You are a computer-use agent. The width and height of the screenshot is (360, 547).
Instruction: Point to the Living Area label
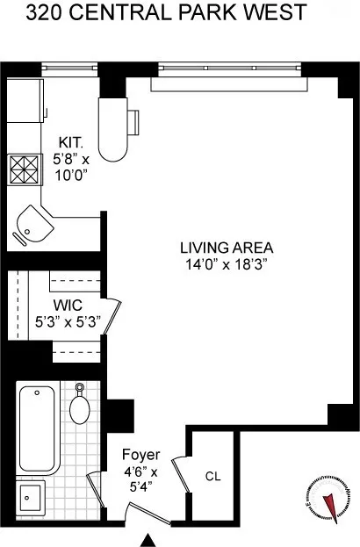(226, 247)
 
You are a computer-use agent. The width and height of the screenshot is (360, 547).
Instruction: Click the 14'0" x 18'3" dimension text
(226, 263)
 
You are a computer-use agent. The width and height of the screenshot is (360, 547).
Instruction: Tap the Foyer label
(140, 455)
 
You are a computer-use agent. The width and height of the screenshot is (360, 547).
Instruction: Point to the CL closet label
(212, 477)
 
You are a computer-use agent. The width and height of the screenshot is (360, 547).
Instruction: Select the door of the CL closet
(181, 475)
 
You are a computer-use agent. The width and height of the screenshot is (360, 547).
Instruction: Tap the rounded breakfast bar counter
(114, 127)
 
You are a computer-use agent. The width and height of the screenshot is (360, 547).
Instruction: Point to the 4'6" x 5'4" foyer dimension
(140, 478)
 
